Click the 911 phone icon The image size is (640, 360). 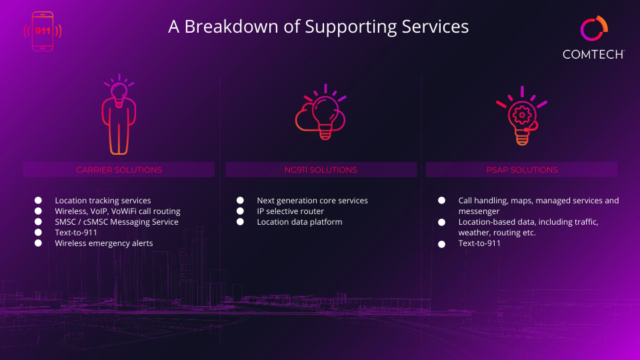43,31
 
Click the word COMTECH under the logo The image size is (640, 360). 593,54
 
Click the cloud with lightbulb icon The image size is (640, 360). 321,112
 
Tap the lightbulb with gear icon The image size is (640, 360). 521,115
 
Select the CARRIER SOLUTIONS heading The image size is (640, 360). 119,170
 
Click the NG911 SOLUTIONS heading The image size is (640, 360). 321,170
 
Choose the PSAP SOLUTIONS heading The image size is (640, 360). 522,170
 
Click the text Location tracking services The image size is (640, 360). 103,201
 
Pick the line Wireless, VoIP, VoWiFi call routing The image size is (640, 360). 117,211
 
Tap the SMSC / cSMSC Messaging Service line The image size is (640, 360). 117,221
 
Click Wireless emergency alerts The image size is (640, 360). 104,243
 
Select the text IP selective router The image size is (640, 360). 290,211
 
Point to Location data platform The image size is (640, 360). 299,221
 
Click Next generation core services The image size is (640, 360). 312,201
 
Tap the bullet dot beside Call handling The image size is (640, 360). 441,201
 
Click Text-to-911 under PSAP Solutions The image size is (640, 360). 479,243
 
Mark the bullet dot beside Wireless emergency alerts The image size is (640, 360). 38,243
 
